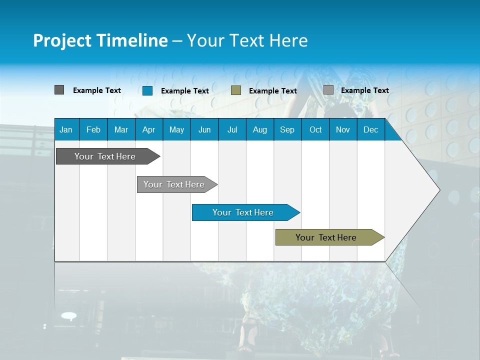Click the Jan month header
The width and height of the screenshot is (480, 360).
pos(66,129)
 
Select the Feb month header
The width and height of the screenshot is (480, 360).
pos(93,129)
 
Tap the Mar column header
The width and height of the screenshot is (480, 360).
pos(121,129)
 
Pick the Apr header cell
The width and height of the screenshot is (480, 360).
pos(149,129)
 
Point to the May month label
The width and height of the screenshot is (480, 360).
pos(176,129)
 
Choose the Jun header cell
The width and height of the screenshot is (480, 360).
pos(204,129)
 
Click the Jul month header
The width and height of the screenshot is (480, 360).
pos(232,129)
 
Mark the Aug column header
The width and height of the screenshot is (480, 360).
pos(260,129)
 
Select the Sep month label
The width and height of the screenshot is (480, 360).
pos(287,129)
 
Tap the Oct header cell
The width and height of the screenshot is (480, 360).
pos(315,129)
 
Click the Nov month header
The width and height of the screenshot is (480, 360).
pos(343,129)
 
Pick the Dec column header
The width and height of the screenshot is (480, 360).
pos(371,129)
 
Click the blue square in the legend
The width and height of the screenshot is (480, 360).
pos(147,90)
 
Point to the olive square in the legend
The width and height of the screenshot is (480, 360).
pos(236,90)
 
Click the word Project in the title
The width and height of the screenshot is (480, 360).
pos(62,40)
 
